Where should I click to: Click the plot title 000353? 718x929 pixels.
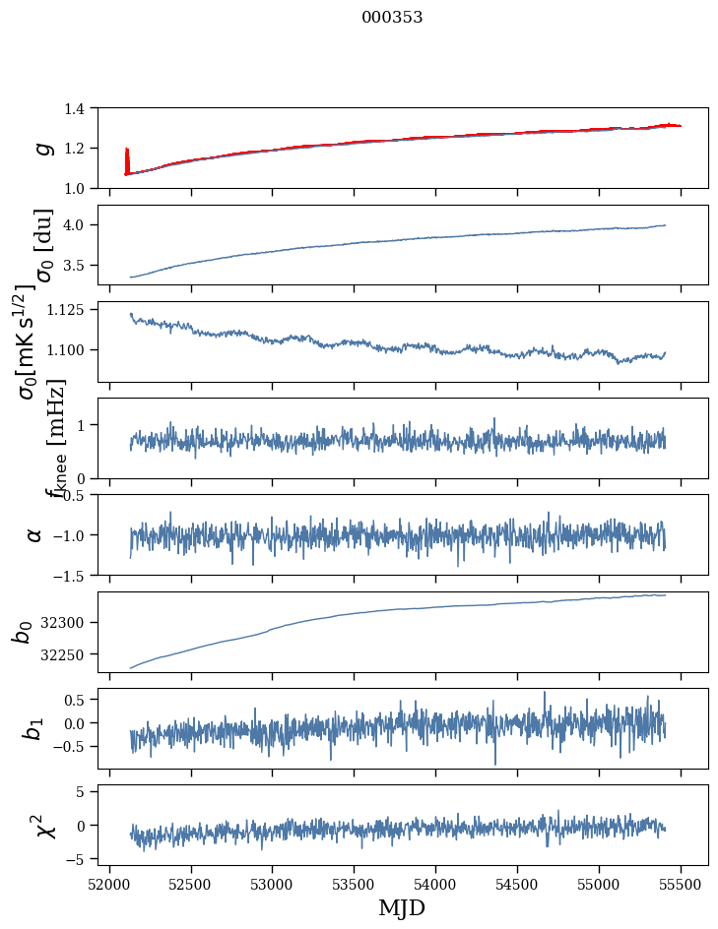click(x=392, y=17)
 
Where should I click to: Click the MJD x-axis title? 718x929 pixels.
click(x=402, y=908)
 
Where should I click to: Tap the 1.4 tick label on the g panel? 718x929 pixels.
click(x=84, y=108)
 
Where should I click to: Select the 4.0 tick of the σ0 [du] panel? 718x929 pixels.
click(x=84, y=225)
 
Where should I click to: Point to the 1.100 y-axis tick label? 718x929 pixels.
click(x=75, y=350)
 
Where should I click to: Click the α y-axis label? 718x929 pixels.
click(x=34, y=534)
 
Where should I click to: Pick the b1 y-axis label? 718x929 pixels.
click(x=34, y=728)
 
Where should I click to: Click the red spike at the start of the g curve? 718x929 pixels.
click(x=127, y=157)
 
